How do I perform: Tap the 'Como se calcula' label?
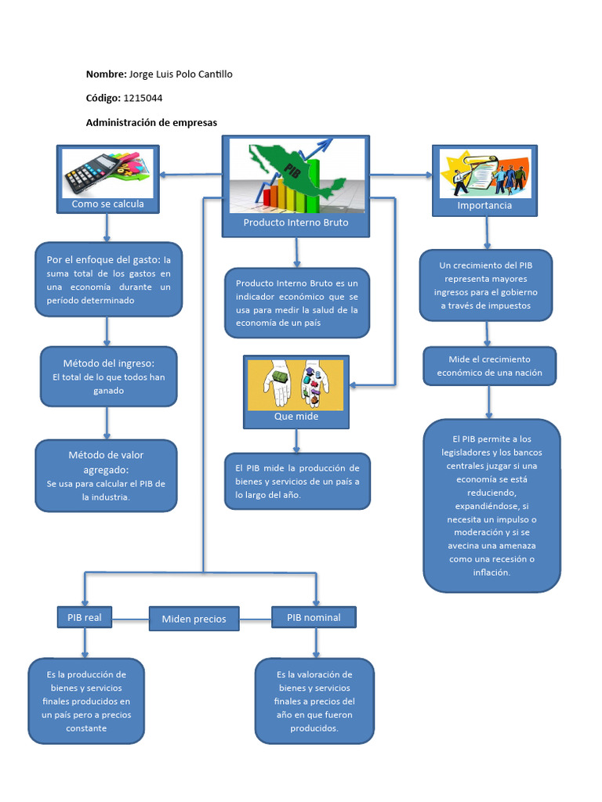(x=107, y=204)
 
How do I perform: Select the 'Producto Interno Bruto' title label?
(x=296, y=222)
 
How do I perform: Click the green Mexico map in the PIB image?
(x=298, y=168)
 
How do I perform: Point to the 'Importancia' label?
(x=484, y=205)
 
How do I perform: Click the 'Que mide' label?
(x=296, y=417)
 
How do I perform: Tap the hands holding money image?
(x=296, y=384)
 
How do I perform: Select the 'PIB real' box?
(x=84, y=617)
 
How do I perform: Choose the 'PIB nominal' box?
(x=314, y=617)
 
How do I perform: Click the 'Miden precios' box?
(x=194, y=619)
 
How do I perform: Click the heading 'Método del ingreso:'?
(x=108, y=363)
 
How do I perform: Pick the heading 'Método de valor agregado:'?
(x=106, y=462)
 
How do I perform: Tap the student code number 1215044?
(x=143, y=98)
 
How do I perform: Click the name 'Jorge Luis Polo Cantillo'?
(x=180, y=74)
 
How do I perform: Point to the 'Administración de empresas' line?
(x=151, y=123)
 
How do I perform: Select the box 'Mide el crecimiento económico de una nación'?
(x=489, y=366)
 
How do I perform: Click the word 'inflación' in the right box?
(x=491, y=573)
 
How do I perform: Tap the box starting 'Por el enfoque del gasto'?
(x=108, y=280)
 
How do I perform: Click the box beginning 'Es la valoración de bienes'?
(x=314, y=700)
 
